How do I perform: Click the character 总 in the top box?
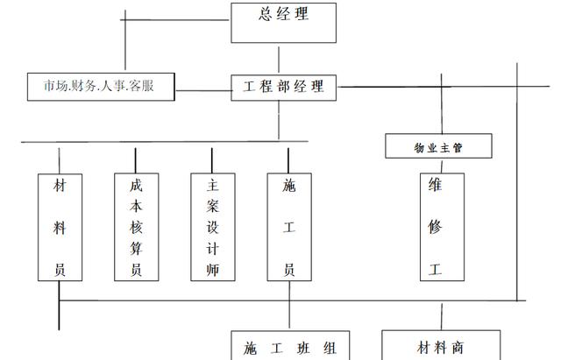(x=265, y=14)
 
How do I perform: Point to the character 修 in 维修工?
(x=435, y=227)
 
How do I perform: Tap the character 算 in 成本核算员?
(x=137, y=248)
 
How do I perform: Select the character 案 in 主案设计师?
(x=212, y=206)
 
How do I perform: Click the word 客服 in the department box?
(x=142, y=86)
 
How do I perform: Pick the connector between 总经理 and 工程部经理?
(x=279, y=60)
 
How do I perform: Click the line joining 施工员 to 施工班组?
(x=289, y=304)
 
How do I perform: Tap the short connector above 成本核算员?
(x=135, y=160)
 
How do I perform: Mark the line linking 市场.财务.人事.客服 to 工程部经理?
(x=203, y=90)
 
